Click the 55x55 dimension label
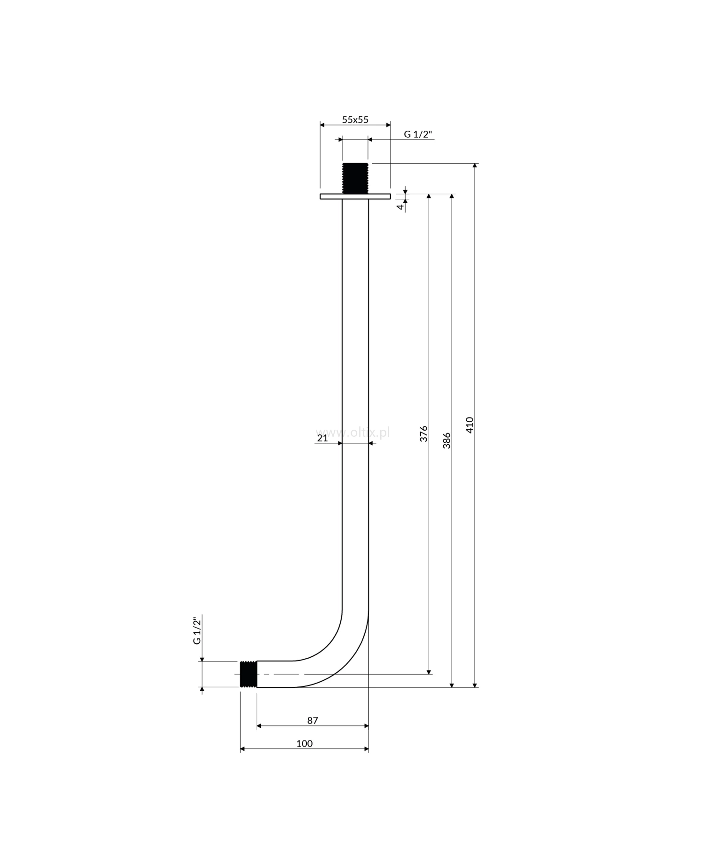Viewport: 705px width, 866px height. coord(355,119)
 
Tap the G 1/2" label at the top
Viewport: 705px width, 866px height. coord(418,134)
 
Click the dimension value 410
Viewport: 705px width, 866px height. coord(470,425)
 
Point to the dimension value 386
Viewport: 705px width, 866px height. coord(447,441)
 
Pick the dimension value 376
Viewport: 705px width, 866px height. coord(424,433)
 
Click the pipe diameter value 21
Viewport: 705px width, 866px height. coord(322,438)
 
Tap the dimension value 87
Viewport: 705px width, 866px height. coord(313,720)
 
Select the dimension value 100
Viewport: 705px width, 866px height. coord(305,743)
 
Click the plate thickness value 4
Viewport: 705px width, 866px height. coord(400,207)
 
